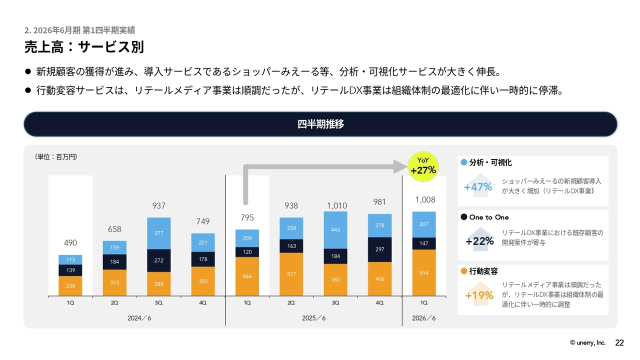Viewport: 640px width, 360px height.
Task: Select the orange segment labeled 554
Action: click(x=423, y=272)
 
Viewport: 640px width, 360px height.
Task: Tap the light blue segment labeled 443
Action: click(x=335, y=230)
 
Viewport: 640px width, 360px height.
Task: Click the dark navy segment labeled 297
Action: click(x=379, y=249)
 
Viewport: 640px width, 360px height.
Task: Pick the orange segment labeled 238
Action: click(x=70, y=286)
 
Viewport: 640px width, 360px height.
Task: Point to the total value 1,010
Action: click(x=335, y=205)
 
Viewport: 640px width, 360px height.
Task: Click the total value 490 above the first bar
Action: click(x=70, y=243)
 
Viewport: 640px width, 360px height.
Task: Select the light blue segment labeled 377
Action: click(x=158, y=232)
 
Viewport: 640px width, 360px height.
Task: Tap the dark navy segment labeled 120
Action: click(x=247, y=252)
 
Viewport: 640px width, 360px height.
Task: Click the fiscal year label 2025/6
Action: click(x=313, y=318)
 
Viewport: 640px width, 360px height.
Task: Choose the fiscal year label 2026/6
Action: click(x=423, y=318)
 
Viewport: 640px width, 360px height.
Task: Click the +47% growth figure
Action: click(x=478, y=187)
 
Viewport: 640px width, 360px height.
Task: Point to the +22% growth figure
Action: click(x=479, y=241)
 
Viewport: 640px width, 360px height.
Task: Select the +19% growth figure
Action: click(x=479, y=295)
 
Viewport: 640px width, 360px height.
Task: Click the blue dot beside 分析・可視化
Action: click(x=464, y=162)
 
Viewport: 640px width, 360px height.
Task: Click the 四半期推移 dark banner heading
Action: click(x=320, y=124)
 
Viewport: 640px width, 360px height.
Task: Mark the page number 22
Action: click(x=619, y=342)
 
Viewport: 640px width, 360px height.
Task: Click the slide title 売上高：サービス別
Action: click(x=84, y=47)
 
